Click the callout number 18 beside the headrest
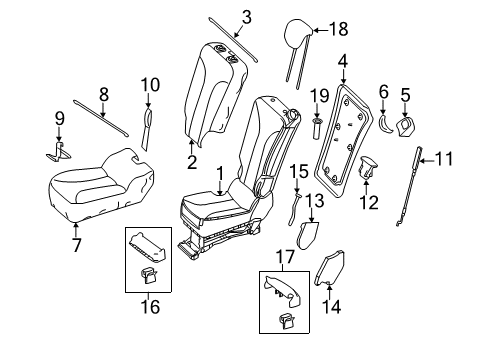339,29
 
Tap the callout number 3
246,17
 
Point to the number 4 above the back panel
343,63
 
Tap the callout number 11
444,159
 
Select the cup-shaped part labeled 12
368,167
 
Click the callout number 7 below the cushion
76,245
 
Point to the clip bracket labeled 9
59,152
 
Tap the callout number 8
104,94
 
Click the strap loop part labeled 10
147,128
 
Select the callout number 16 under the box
150,307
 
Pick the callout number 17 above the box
286,257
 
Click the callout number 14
331,307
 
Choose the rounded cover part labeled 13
307,236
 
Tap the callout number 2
192,162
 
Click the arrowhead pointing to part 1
220,193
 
